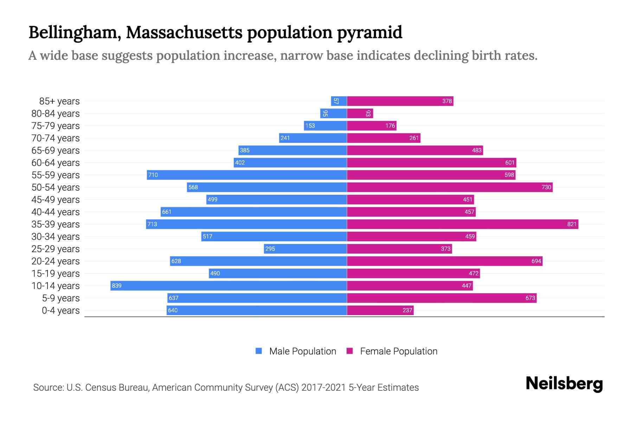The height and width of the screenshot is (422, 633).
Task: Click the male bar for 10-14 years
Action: click(229, 286)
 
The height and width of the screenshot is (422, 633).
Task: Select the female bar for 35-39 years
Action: click(462, 224)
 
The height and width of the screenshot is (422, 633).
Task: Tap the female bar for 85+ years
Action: click(400, 101)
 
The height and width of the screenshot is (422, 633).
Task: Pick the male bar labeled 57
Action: click(339, 101)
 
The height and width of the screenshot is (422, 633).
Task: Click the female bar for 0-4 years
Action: click(380, 310)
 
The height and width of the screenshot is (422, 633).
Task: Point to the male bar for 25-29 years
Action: click(305, 249)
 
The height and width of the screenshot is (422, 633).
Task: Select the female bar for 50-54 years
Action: click(449, 187)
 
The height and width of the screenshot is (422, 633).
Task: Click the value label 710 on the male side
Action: click(153, 175)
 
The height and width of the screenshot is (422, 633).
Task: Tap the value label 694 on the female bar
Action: click(536, 261)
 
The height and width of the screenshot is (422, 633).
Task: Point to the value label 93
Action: click(368, 114)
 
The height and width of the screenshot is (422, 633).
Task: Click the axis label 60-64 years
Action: click(56, 163)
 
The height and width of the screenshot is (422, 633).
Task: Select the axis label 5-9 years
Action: click(61, 298)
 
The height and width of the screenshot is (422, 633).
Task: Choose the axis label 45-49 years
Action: click(56, 200)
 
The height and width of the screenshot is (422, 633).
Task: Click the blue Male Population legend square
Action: click(259, 351)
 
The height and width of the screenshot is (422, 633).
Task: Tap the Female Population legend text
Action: click(398, 351)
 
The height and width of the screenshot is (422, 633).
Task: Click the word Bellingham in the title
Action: click(72, 32)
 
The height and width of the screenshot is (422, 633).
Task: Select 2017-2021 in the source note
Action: click(324, 388)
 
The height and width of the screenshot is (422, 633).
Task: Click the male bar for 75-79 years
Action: click(325, 126)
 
